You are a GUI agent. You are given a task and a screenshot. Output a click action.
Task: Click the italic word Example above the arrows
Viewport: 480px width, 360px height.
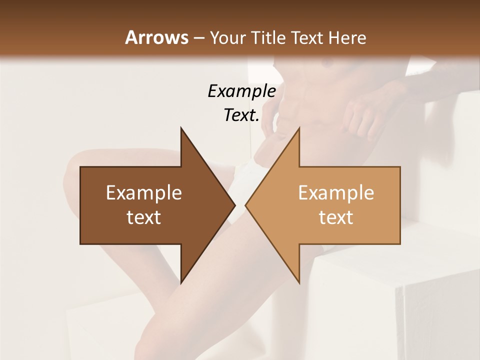point(241,91)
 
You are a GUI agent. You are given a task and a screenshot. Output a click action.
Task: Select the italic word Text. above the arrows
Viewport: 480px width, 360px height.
point(241,115)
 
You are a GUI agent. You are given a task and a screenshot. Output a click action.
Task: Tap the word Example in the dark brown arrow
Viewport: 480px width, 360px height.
point(144,193)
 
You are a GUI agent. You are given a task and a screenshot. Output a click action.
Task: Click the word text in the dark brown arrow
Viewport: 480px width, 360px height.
point(144,217)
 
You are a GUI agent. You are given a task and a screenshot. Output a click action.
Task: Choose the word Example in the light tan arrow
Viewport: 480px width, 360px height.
point(336,193)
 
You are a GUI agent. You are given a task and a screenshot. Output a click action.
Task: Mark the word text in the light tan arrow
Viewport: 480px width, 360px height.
point(336,217)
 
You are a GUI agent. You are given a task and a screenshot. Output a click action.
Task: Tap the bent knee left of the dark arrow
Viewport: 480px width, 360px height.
point(75,170)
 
